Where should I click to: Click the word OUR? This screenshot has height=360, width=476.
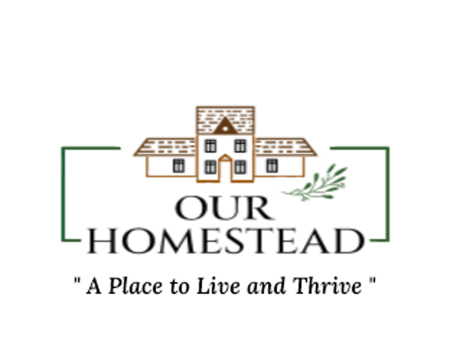[x=226, y=209]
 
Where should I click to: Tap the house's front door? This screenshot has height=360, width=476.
[x=225, y=171]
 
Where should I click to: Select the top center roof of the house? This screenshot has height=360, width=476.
[x=225, y=116]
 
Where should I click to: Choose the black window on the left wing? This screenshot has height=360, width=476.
[x=178, y=165]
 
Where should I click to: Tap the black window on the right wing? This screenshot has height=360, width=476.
[x=271, y=165]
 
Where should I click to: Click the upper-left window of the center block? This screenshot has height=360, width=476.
[x=210, y=146]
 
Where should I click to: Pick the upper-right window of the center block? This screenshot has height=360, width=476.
[x=240, y=146]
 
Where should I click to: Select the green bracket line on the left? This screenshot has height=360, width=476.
[x=62, y=192]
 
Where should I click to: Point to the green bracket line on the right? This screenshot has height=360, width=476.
[x=389, y=192]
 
